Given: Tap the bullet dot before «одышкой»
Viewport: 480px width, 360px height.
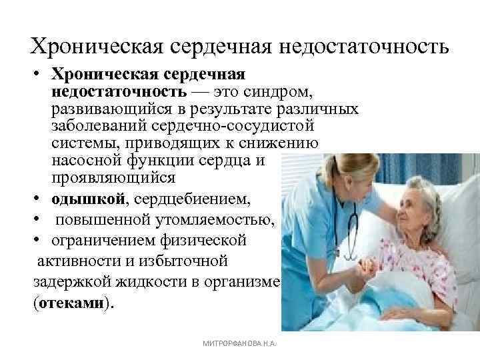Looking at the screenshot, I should [x=38, y=199].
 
